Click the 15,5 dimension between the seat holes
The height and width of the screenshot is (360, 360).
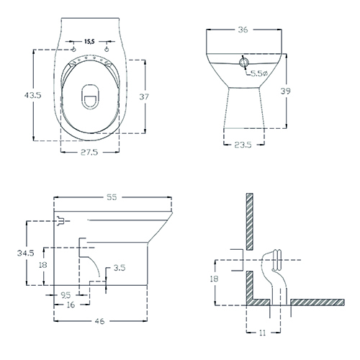pyautogui.click(x=89, y=42)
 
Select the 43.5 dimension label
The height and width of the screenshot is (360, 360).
pyautogui.click(x=33, y=95)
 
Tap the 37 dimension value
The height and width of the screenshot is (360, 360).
pyautogui.click(x=144, y=96)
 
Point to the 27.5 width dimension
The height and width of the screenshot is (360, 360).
pyautogui.click(x=89, y=152)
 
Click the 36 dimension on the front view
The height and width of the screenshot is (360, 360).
pyautogui.click(x=243, y=30)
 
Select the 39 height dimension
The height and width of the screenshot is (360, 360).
pyautogui.click(x=286, y=91)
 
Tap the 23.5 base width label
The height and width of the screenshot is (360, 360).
pyautogui.click(x=243, y=145)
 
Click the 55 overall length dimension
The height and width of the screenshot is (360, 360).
pyautogui.click(x=112, y=197)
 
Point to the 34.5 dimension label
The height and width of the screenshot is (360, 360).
pyautogui.click(x=26, y=253)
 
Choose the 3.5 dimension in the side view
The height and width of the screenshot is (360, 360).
pyautogui.click(x=120, y=268)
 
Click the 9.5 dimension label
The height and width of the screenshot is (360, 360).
pyautogui.click(x=66, y=295)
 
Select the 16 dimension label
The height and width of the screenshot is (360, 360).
pyautogui.click(x=71, y=305)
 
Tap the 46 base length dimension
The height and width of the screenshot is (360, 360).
pyautogui.click(x=99, y=321)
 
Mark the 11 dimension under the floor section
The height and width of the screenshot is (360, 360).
pyautogui.click(x=263, y=333)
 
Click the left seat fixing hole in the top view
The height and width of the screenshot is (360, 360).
pyautogui.click(x=73, y=50)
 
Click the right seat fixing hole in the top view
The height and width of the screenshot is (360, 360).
pyautogui.click(x=107, y=50)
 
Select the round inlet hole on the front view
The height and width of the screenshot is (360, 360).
pyautogui.click(x=244, y=63)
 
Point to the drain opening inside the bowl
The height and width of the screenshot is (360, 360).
pyautogui.click(x=90, y=97)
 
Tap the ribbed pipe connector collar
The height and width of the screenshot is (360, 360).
pyautogui.click(x=277, y=260)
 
